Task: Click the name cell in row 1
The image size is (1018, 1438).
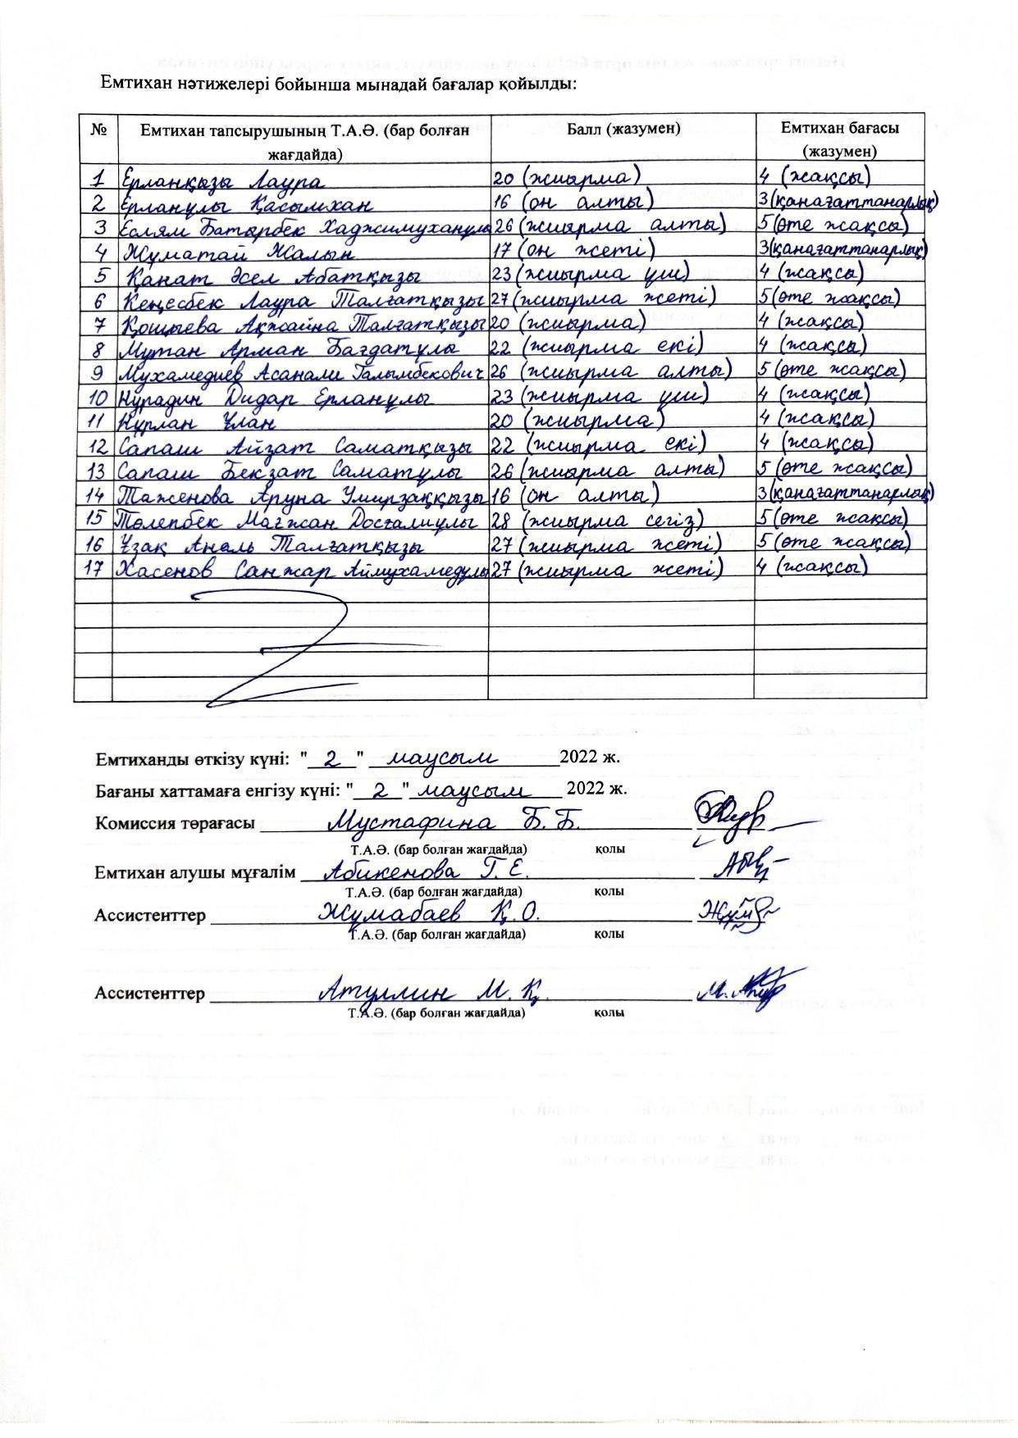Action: (x=222, y=178)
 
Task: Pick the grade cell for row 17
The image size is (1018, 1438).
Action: (x=812, y=567)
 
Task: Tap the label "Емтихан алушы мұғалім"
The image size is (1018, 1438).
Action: (x=194, y=872)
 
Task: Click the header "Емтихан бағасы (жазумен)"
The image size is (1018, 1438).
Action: (x=839, y=139)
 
